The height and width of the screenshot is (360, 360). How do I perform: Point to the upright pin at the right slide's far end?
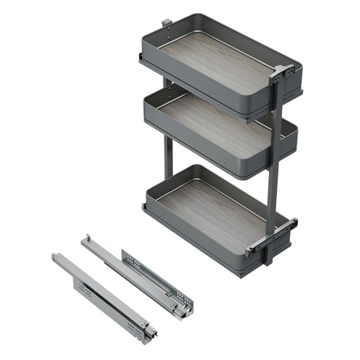(x=87, y=240)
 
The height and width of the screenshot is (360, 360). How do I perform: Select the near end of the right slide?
(x=183, y=306)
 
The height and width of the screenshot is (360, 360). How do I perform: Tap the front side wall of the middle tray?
(x=208, y=155)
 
